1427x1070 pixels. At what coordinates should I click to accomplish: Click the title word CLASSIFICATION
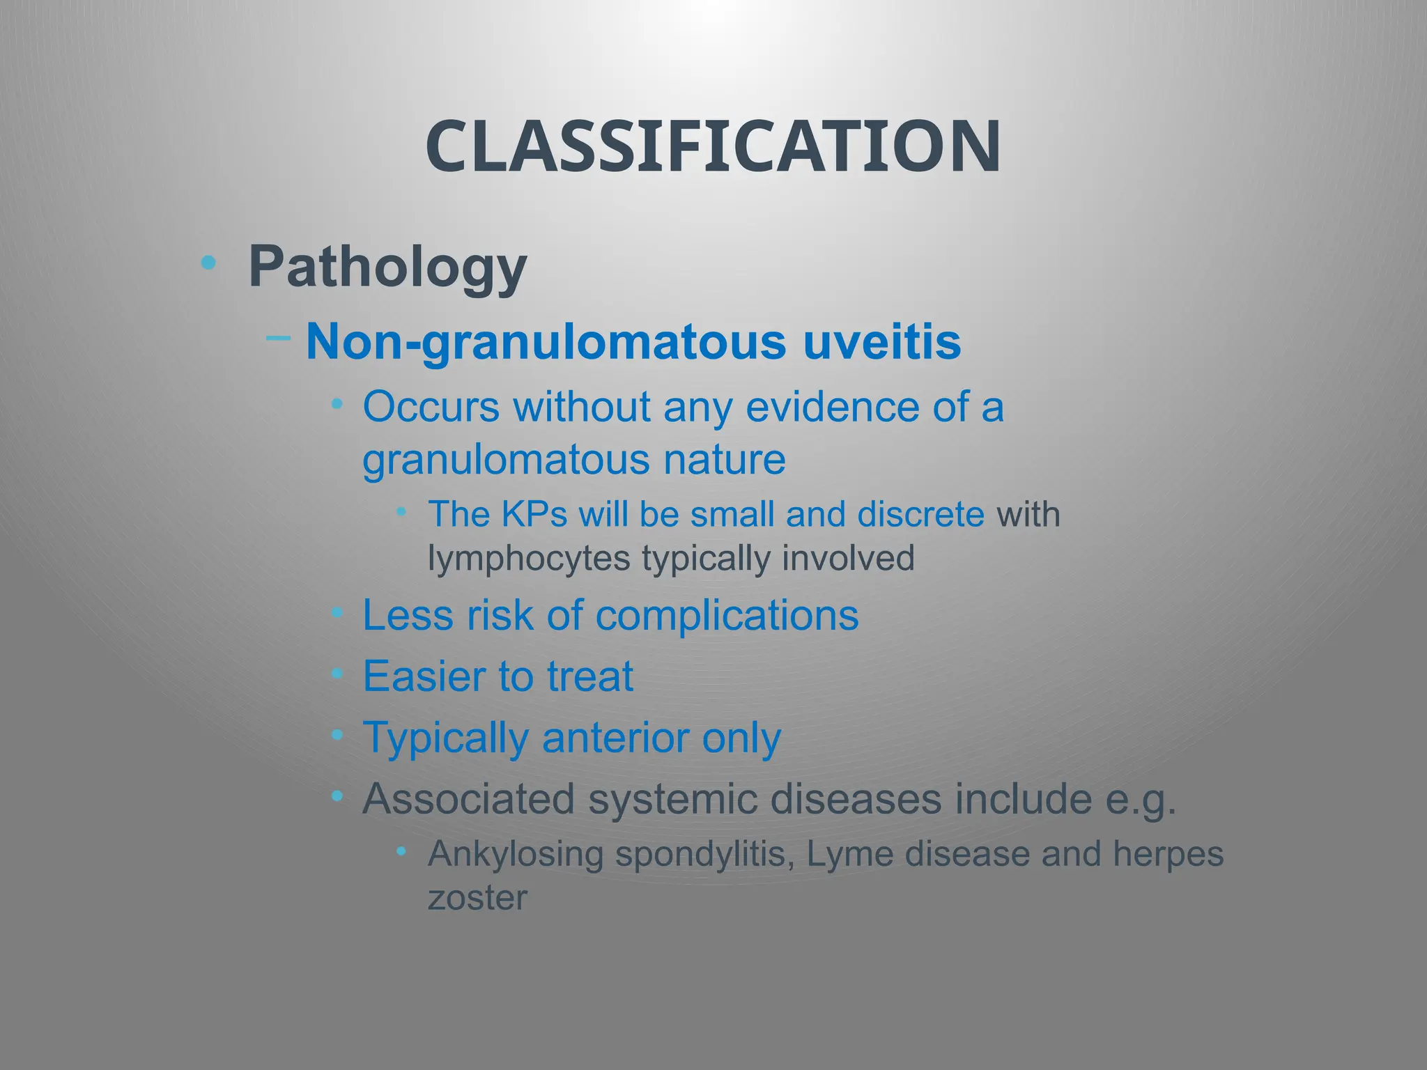click(x=713, y=147)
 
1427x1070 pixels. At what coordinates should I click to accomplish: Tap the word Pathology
click(x=387, y=268)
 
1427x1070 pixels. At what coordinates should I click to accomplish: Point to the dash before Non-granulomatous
click(x=278, y=339)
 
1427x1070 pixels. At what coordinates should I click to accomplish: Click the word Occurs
click(x=431, y=407)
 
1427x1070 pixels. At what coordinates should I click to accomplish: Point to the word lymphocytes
click(x=529, y=559)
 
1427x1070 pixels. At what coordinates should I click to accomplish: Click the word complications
click(x=727, y=616)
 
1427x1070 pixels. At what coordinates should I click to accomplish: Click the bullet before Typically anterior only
click(x=337, y=735)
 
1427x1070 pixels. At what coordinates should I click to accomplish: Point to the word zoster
click(x=477, y=898)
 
